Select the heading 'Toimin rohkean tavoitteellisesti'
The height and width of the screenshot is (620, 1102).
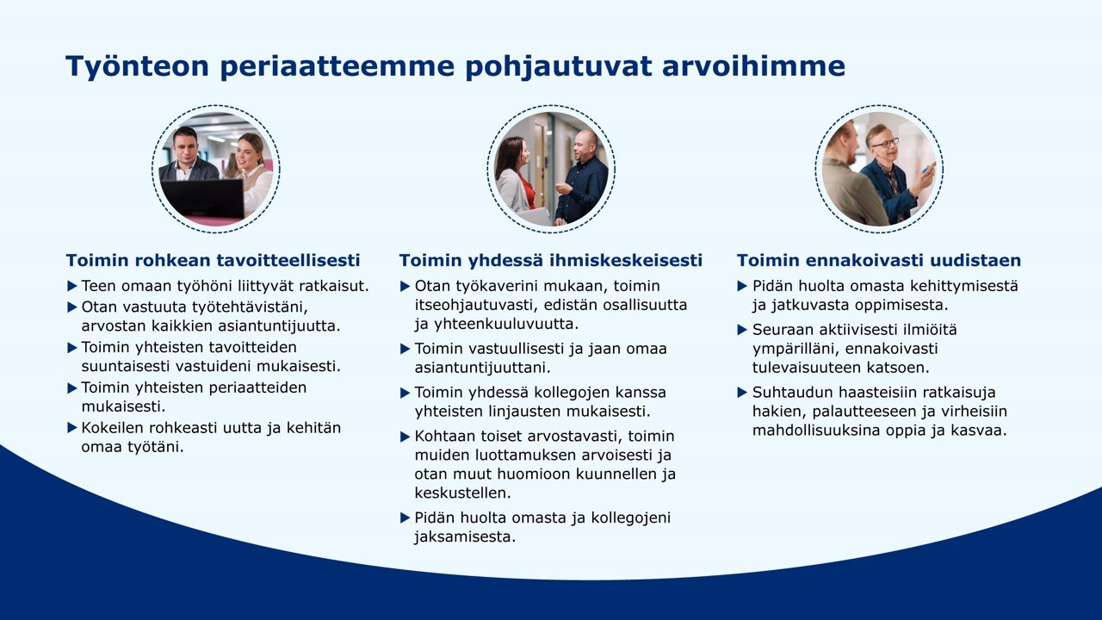(213, 260)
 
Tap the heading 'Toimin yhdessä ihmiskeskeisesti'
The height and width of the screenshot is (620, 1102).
(550, 260)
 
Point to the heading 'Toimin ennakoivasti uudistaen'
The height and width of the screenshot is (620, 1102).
(879, 260)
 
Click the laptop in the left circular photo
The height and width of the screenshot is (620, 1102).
(202, 199)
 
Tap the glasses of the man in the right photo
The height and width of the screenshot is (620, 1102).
(884, 142)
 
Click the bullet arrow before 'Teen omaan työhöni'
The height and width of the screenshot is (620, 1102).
(72, 285)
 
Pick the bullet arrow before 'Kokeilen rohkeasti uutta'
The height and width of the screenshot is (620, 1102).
(72, 427)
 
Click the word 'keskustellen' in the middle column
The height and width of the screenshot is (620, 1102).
(462, 493)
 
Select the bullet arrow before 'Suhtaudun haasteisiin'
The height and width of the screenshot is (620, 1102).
(743, 393)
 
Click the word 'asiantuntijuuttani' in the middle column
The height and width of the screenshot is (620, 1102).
(482, 368)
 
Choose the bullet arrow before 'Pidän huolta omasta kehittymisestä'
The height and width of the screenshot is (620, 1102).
(743, 285)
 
